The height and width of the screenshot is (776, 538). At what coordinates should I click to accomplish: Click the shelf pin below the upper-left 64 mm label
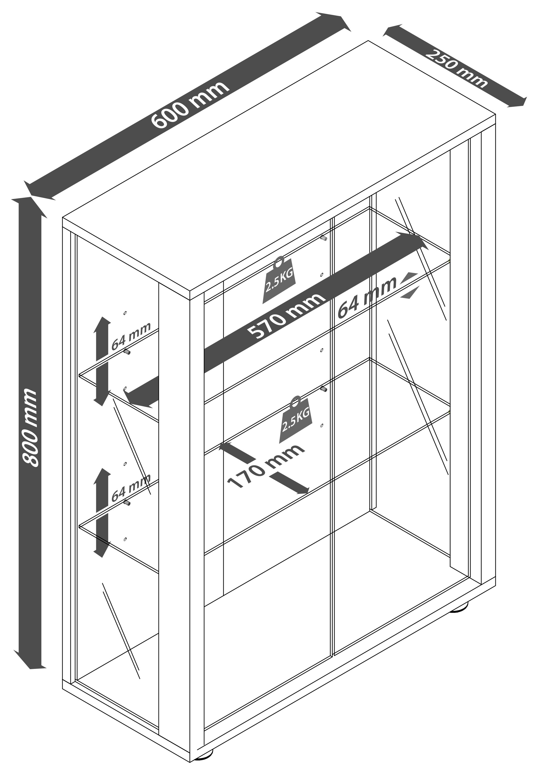point(127,352)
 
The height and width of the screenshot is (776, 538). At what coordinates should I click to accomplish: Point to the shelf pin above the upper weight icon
point(324,238)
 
